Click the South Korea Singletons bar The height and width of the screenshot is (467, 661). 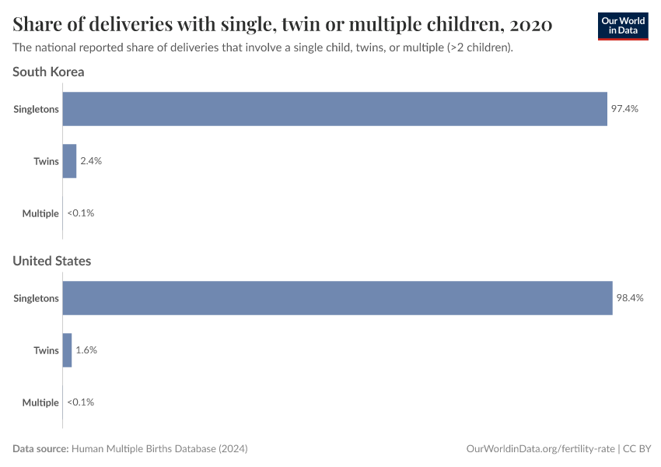point(334,109)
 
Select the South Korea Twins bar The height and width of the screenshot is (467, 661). point(69,161)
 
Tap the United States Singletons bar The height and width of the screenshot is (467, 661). point(337,298)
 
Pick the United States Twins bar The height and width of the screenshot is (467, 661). point(67,350)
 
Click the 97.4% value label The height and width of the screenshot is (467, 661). point(624,109)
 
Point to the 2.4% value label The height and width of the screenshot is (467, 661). point(91,161)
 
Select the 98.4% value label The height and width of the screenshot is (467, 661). point(630,298)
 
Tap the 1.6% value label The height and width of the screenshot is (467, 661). point(86,350)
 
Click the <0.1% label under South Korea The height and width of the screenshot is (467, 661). point(80,213)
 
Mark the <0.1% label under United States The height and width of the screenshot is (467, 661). point(80,402)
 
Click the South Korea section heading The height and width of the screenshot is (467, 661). point(48,72)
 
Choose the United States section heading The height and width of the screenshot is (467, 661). point(51,261)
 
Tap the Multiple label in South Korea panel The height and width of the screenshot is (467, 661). point(40,213)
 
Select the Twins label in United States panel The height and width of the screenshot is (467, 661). point(46,350)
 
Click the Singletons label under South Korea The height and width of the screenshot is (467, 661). point(36,109)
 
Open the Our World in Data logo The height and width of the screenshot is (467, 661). point(622,26)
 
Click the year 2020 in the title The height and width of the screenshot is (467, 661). point(533,25)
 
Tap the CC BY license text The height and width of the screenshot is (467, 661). point(637,449)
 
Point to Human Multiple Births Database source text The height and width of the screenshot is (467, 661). point(159,449)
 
